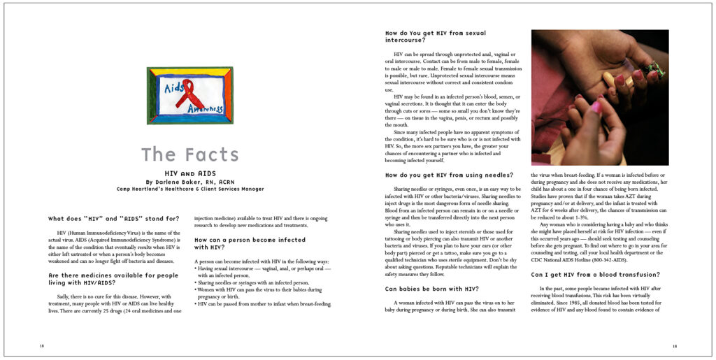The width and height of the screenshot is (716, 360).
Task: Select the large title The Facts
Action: pyautogui.click(x=189, y=154)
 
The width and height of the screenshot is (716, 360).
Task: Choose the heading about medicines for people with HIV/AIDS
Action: pyautogui.click(x=113, y=279)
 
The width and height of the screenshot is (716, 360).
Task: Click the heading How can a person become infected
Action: pyautogui.click(x=250, y=243)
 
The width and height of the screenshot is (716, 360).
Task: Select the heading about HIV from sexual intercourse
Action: pyautogui.click(x=436, y=36)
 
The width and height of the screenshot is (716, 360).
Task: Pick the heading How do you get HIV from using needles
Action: pyautogui.click(x=449, y=175)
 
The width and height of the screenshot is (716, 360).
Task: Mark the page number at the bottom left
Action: pyautogui.click(x=42, y=345)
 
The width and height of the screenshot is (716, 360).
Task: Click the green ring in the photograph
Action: pyautogui.click(x=655, y=68)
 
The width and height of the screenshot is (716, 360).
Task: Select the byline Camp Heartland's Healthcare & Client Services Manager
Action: pyautogui.click(x=190, y=189)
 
